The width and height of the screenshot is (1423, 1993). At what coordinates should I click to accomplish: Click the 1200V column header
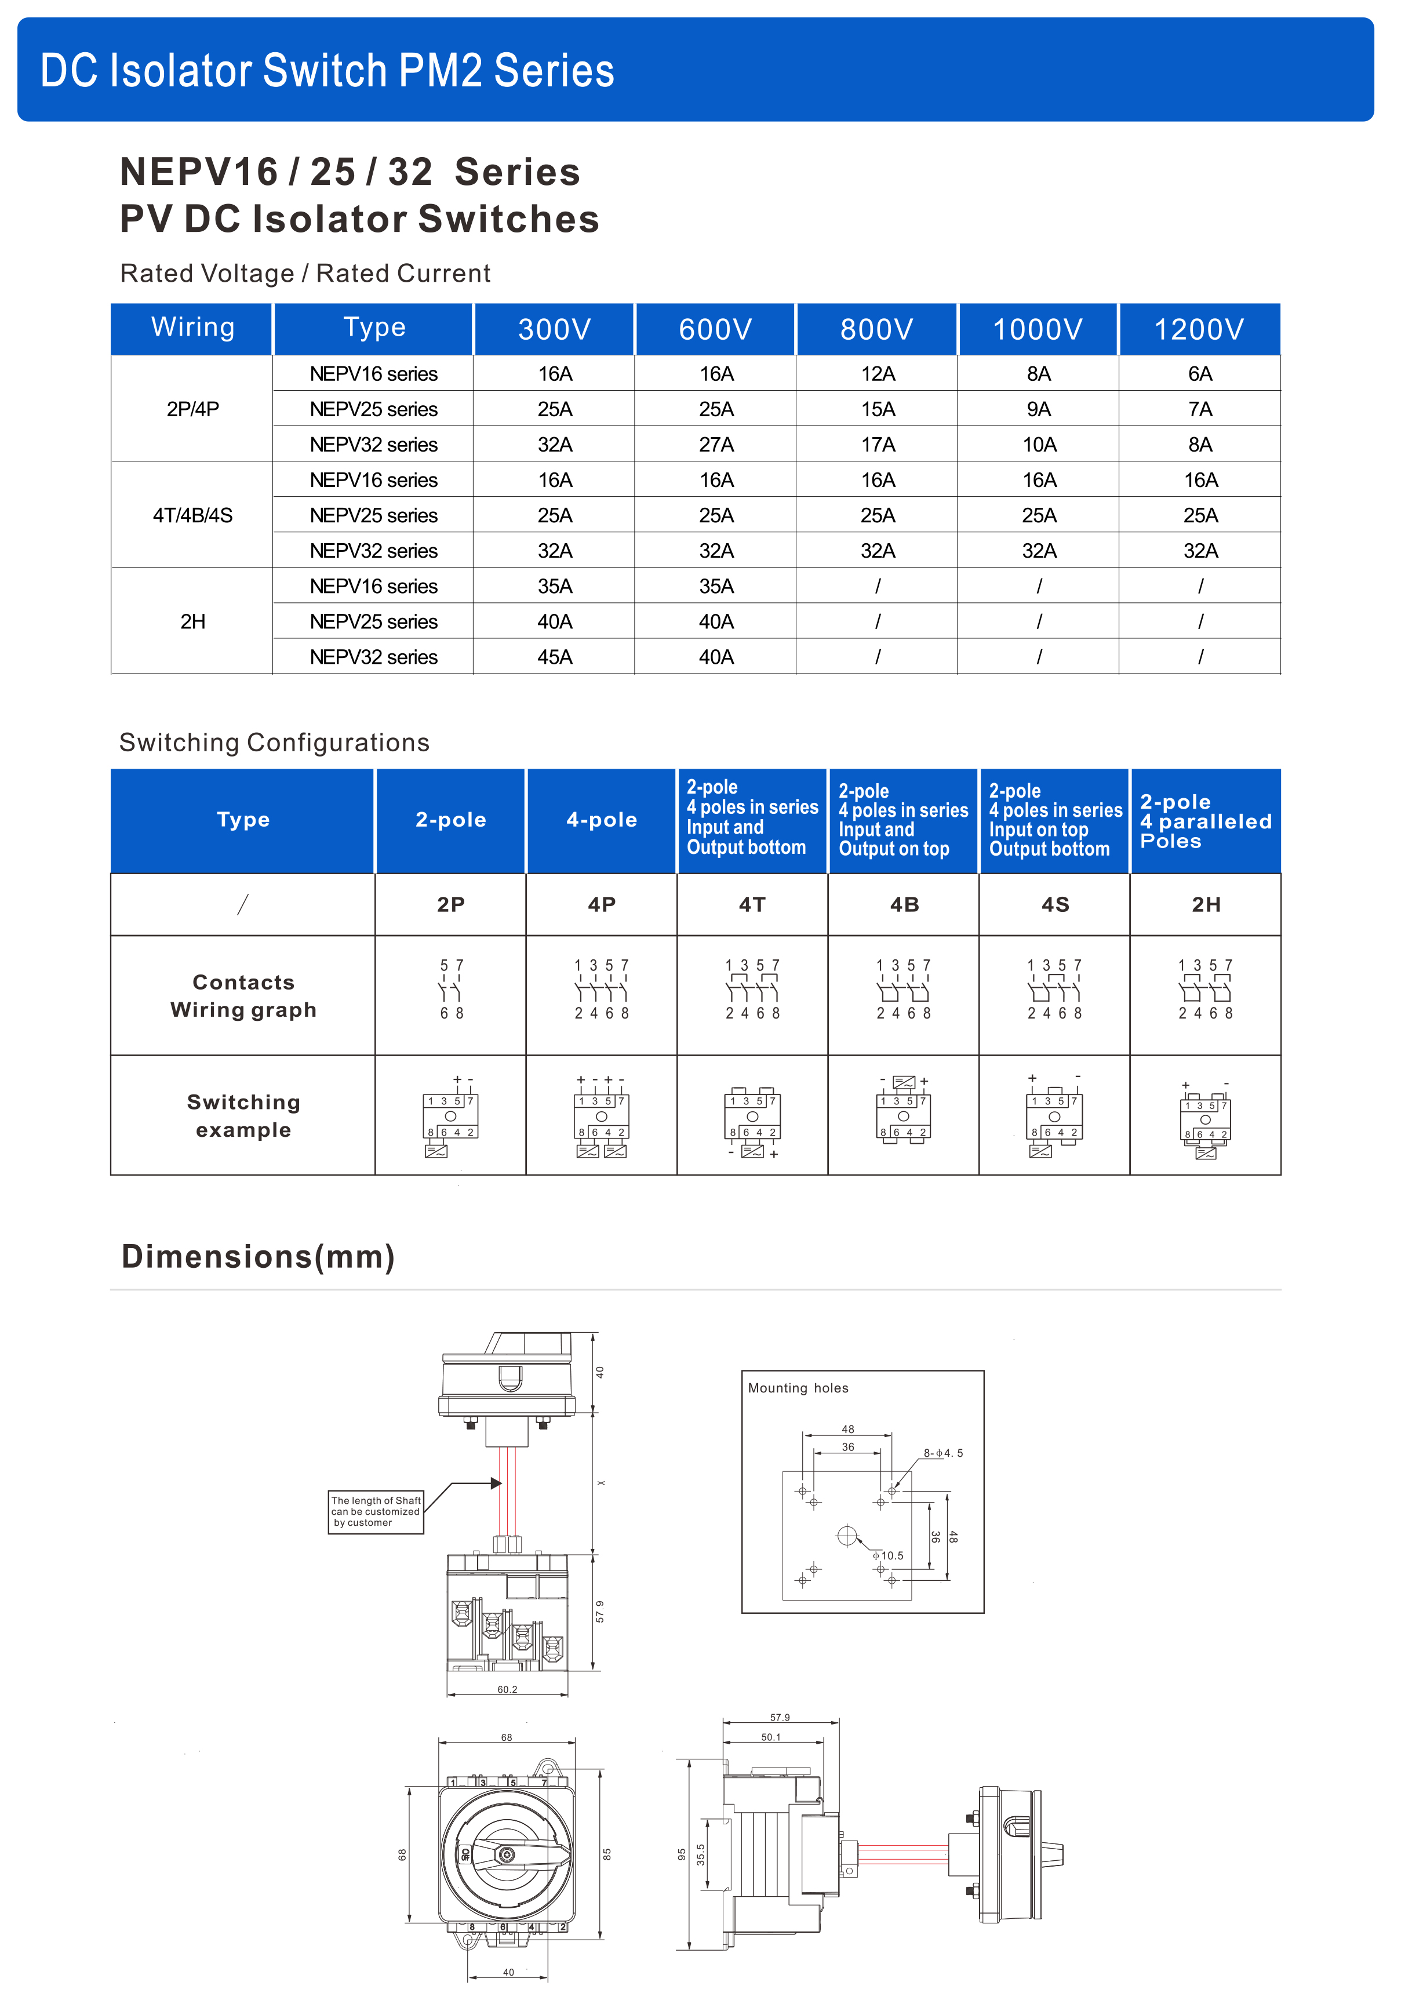tap(1199, 329)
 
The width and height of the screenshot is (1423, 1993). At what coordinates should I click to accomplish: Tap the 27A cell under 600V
tap(716, 445)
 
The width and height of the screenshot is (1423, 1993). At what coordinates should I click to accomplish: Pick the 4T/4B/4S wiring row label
tap(193, 515)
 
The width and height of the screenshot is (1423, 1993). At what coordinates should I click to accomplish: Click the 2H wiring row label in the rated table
tap(193, 622)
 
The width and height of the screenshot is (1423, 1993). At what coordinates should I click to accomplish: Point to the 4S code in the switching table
tap(1055, 904)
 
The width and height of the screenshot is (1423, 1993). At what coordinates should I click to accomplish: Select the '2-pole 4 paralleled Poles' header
tap(1205, 821)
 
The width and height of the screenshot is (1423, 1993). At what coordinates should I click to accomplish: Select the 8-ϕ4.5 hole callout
tap(943, 1453)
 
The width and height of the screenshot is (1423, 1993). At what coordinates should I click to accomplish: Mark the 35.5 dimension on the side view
tap(701, 1854)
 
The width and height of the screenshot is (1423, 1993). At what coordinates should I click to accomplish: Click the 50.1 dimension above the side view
tap(770, 1737)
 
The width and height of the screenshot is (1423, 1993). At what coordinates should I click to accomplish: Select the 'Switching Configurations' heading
tap(274, 743)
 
